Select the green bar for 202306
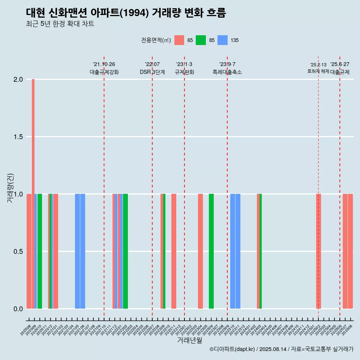coord(211,251)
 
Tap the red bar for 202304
coord(200,251)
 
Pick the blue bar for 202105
coord(77,251)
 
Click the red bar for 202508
coord(350,251)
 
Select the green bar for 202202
coord(125,251)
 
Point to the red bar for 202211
coord(174,251)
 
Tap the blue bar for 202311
coord(238,251)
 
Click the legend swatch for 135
coord(223,40)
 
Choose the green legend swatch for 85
coord(201,40)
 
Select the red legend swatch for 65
coord(179,40)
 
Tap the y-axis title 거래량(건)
coord(10,188)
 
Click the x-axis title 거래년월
coord(189,340)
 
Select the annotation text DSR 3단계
coord(152,72)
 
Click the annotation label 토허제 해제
coord(318,71)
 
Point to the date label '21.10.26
coord(104,64)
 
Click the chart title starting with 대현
coord(126,13)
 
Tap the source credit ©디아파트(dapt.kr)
coord(232,349)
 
